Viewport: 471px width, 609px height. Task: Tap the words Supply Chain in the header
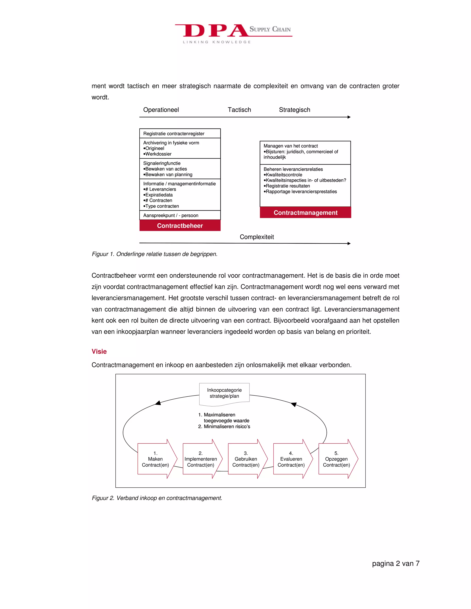270,29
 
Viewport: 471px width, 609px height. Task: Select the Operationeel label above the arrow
161,110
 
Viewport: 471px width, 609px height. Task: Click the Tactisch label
239,110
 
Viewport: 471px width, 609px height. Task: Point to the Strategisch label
294,110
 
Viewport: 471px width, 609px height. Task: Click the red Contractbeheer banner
180,226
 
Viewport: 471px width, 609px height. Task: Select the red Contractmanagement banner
305,213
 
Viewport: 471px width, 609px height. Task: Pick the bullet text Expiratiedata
159,195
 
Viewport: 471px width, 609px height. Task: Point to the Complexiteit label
257,237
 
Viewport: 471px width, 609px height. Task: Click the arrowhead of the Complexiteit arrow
349,243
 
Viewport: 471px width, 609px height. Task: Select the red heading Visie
99,351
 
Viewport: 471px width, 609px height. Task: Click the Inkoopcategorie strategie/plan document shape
224,393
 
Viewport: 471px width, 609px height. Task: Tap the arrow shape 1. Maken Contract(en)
155,459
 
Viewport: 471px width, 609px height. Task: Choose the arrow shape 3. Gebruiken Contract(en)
246,459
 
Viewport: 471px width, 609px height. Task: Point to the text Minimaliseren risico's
227,427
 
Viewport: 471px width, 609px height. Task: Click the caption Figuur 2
157,498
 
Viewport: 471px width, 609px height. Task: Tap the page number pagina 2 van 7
395,563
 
